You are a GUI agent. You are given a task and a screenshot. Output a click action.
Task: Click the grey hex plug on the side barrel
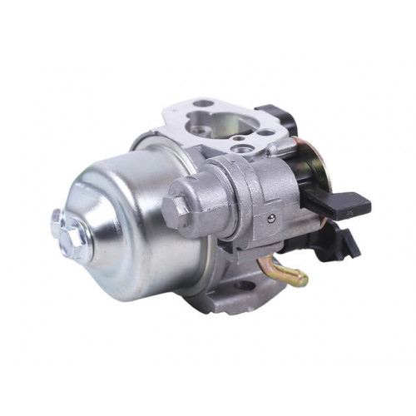click(x=178, y=209)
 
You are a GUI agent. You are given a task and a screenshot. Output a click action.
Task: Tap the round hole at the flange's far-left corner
click(x=202, y=104)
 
